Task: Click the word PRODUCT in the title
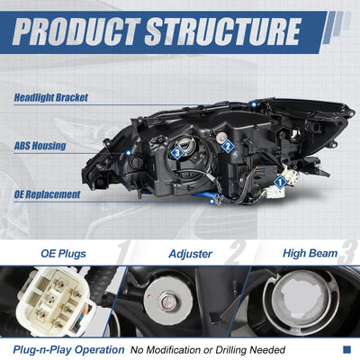click(76, 31)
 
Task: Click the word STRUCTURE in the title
click(222, 31)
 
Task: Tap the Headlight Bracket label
click(51, 97)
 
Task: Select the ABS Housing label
click(40, 146)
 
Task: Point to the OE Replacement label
click(47, 194)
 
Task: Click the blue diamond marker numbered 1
click(280, 182)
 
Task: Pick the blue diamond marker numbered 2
click(228, 147)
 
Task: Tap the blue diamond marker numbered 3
click(177, 153)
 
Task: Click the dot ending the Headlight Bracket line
click(254, 104)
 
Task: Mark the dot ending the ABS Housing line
click(129, 153)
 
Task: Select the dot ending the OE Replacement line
click(212, 202)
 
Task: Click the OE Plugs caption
click(63, 254)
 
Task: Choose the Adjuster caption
click(191, 254)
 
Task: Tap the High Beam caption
click(310, 253)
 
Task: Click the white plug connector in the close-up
click(56, 301)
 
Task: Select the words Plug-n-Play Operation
click(68, 350)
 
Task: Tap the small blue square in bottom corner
click(346, 349)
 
